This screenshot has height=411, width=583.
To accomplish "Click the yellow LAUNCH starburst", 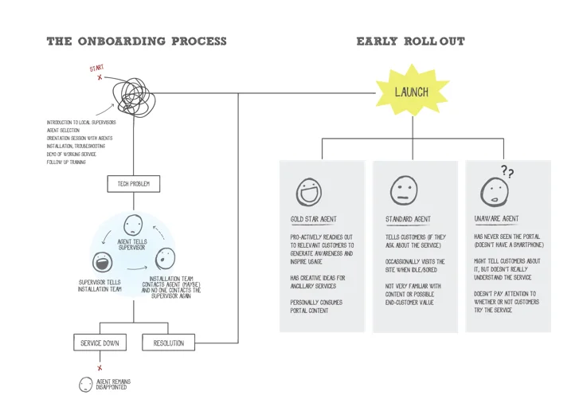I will pyautogui.click(x=411, y=92).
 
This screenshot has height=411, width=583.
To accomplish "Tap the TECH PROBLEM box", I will pyautogui.click(x=133, y=184).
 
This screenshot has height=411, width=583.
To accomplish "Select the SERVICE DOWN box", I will pyautogui.click(x=100, y=343).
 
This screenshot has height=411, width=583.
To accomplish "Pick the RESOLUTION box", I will pyautogui.click(x=168, y=343).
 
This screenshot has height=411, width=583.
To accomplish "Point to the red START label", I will pyautogui.click(x=96, y=69).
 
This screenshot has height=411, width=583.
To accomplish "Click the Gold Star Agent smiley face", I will pyautogui.click(x=307, y=192).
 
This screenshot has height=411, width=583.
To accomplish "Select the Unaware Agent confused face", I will pyautogui.click(x=493, y=192).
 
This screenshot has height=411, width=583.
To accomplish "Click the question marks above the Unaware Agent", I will pyautogui.click(x=507, y=170).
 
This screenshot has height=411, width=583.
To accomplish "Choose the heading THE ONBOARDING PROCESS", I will pyautogui.click(x=136, y=41).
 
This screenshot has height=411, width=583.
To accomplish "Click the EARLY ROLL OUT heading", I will pyautogui.click(x=410, y=41).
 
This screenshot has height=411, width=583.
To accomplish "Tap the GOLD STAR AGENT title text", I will pyautogui.click(x=314, y=219).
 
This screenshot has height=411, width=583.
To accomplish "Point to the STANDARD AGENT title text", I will pyautogui.click(x=408, y=219).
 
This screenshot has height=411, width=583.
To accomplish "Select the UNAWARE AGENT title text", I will pyautogui.click(x=496, y=219).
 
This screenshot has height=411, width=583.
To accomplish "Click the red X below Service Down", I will pyautogui.click(x=100, y=368).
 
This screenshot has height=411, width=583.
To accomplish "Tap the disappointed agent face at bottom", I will pyautogui.click(x=86, y=385).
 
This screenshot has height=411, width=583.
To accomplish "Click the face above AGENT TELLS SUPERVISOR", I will pyautogui.click(x=133, y=225).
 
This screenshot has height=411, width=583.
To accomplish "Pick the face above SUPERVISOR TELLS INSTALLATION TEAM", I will pyautogui.click(x=102, y=263).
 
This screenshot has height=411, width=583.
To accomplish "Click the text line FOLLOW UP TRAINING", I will pyautogui.click(x=66, y=162).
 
